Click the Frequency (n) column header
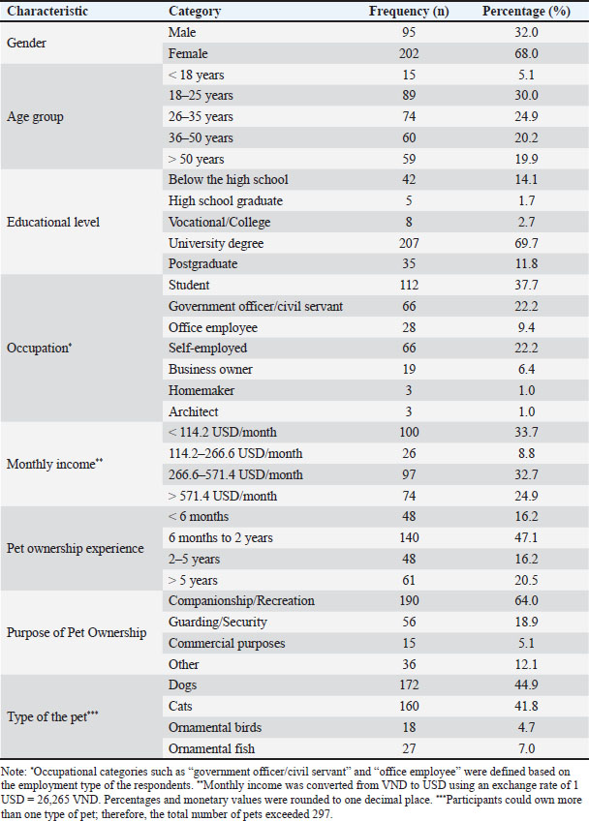click(x=409, y=11)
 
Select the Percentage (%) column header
click(x=526, y=11)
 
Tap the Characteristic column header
click(x=47, y=11)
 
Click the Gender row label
click(x=26, y=43)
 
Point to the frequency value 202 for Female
click(x=409, y=53)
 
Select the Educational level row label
click(x=53, y=222)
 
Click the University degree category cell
click(x=216, y=243)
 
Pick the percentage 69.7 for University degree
click(x=526, y=243)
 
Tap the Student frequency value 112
click(x=409, y=286)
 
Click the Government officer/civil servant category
click(x=256, y=306)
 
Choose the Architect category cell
click(x=194, y=412)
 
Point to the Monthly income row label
click(x=54, y=464)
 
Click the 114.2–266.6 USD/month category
click(x=235, y=453)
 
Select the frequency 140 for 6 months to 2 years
click(x=409, y=537)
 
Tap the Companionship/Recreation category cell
click(x=241, y=600)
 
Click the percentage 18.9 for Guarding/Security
click(x=526, y=622)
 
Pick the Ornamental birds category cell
click(x=215, y=727)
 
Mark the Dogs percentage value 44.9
click(x=526, y=684)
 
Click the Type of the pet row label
click(x=52, y=716)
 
